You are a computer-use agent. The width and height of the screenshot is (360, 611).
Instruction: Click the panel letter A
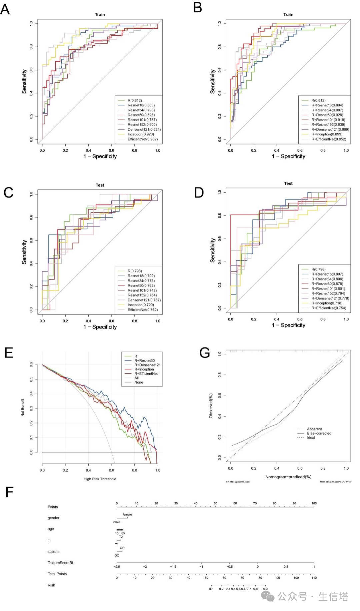point(5,9)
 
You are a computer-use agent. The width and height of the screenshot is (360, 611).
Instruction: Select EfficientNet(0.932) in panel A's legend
point(142,139)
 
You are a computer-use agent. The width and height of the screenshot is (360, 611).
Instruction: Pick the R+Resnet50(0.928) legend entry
point(327,115)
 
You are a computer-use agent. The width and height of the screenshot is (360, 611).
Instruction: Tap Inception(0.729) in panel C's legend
point(141,305)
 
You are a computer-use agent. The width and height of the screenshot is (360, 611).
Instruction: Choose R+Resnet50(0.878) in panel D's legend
point(327,284)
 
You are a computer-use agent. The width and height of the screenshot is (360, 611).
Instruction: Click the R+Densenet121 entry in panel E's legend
point(147,365)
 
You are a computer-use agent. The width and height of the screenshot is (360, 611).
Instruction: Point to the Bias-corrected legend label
point(319,433)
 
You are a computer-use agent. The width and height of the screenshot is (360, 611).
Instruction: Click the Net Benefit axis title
point(23,407)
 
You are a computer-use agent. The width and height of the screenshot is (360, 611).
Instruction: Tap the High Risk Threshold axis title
point(100,479)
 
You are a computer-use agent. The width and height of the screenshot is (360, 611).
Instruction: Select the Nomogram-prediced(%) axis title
point(288,477)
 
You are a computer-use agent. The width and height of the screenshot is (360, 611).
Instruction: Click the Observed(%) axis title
point(211,406)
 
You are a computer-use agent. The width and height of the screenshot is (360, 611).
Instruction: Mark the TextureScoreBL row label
point(61,563)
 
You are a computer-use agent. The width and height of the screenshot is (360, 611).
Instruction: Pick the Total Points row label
point(57,574)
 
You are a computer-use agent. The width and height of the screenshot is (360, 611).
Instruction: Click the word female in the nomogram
point(127,515)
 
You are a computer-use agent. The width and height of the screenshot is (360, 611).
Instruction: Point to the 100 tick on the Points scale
point(314,503)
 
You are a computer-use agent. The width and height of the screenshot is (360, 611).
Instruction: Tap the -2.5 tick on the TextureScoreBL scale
point(117,566)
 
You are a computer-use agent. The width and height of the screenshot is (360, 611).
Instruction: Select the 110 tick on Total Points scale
point(314,578)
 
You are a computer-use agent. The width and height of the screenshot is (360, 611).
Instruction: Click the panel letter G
point(205,353)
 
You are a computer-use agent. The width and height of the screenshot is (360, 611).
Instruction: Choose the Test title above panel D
point(288,183)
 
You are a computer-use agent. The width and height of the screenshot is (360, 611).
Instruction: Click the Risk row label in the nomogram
point(51,585)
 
